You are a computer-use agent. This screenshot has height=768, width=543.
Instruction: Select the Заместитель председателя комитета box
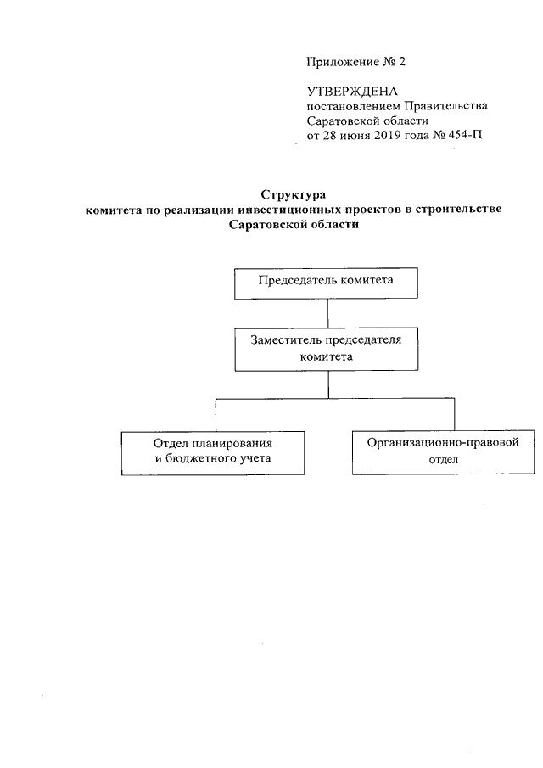click(327, 349)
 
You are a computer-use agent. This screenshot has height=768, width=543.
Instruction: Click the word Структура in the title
click(294, 194)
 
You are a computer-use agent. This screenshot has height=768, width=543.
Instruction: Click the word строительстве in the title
click(462, 210)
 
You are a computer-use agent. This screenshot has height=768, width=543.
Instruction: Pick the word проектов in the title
click(368, 210)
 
